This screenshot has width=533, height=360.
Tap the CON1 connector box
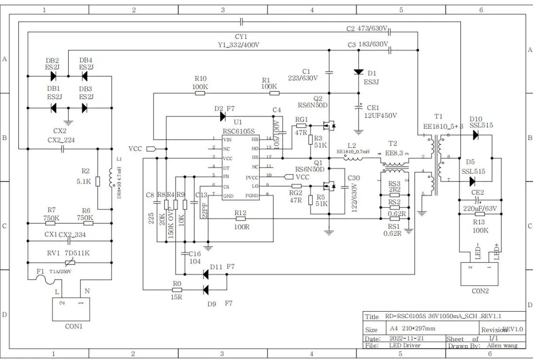coord(71,309)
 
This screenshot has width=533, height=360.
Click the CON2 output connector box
coord(480,274)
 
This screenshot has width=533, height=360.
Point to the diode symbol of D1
coord(359,72)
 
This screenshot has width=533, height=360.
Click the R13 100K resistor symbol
coord(479,214)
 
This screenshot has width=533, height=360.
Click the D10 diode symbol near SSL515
coord(476,135)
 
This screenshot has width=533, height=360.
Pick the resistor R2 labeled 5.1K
coord(98,181)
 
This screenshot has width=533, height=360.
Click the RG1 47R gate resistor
coord(301,126)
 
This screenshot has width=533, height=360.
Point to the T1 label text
coord(438,117)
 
